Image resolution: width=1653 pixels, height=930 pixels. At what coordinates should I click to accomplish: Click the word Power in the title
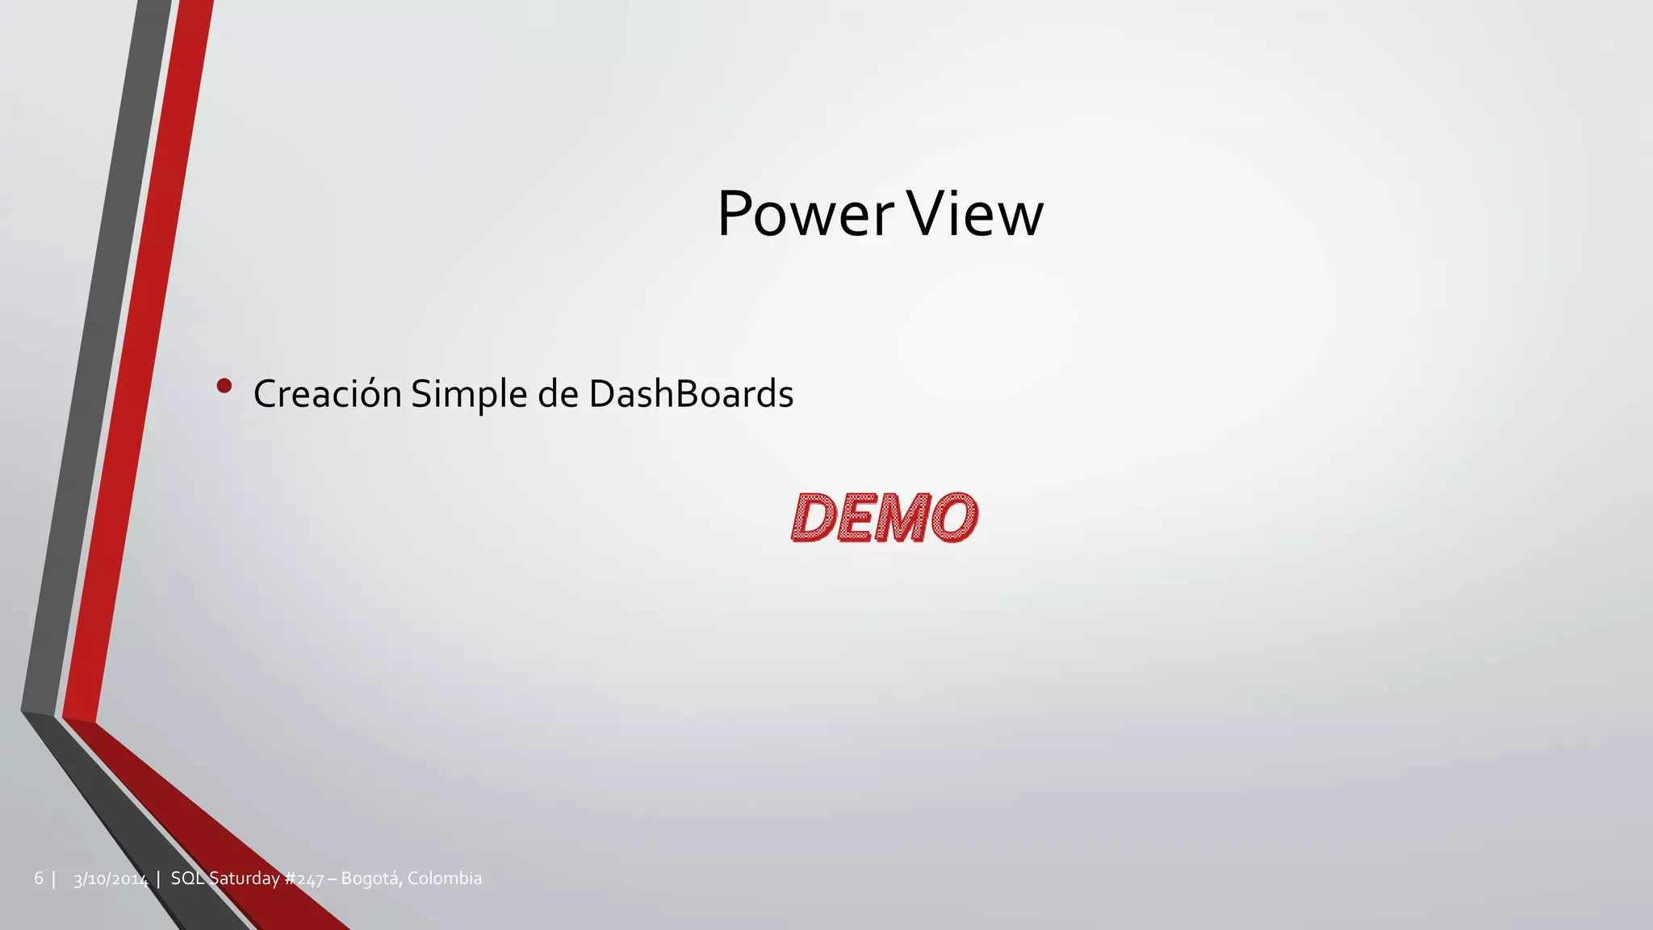[x=806, y=215]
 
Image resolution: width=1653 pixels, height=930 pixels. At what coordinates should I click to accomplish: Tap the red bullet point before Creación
[x=224, y=387]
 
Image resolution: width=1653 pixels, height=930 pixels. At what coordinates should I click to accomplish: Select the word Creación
[x=327, y=394]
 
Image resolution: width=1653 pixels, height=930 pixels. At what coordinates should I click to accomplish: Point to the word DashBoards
[x=691, y=394]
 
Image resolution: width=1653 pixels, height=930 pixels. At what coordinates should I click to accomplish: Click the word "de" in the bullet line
[x=558, y=394]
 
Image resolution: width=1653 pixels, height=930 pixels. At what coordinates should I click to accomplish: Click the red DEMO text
[x=885, y=517]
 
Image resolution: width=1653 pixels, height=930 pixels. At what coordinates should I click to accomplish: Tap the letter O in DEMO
[x=954, y=517]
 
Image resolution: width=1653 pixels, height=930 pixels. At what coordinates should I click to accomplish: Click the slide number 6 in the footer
[x=38, y=878]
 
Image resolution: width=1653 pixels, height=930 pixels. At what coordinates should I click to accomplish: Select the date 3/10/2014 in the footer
[x=111, y=879]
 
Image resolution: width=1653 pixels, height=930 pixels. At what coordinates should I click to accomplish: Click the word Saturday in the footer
[x=245, y=878]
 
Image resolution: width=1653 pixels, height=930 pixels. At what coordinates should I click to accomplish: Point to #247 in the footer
[x=304, y=879]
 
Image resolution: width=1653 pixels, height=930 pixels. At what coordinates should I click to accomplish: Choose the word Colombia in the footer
[x=445, y=878]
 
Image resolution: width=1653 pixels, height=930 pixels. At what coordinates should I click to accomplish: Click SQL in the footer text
[x=187, y=878]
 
